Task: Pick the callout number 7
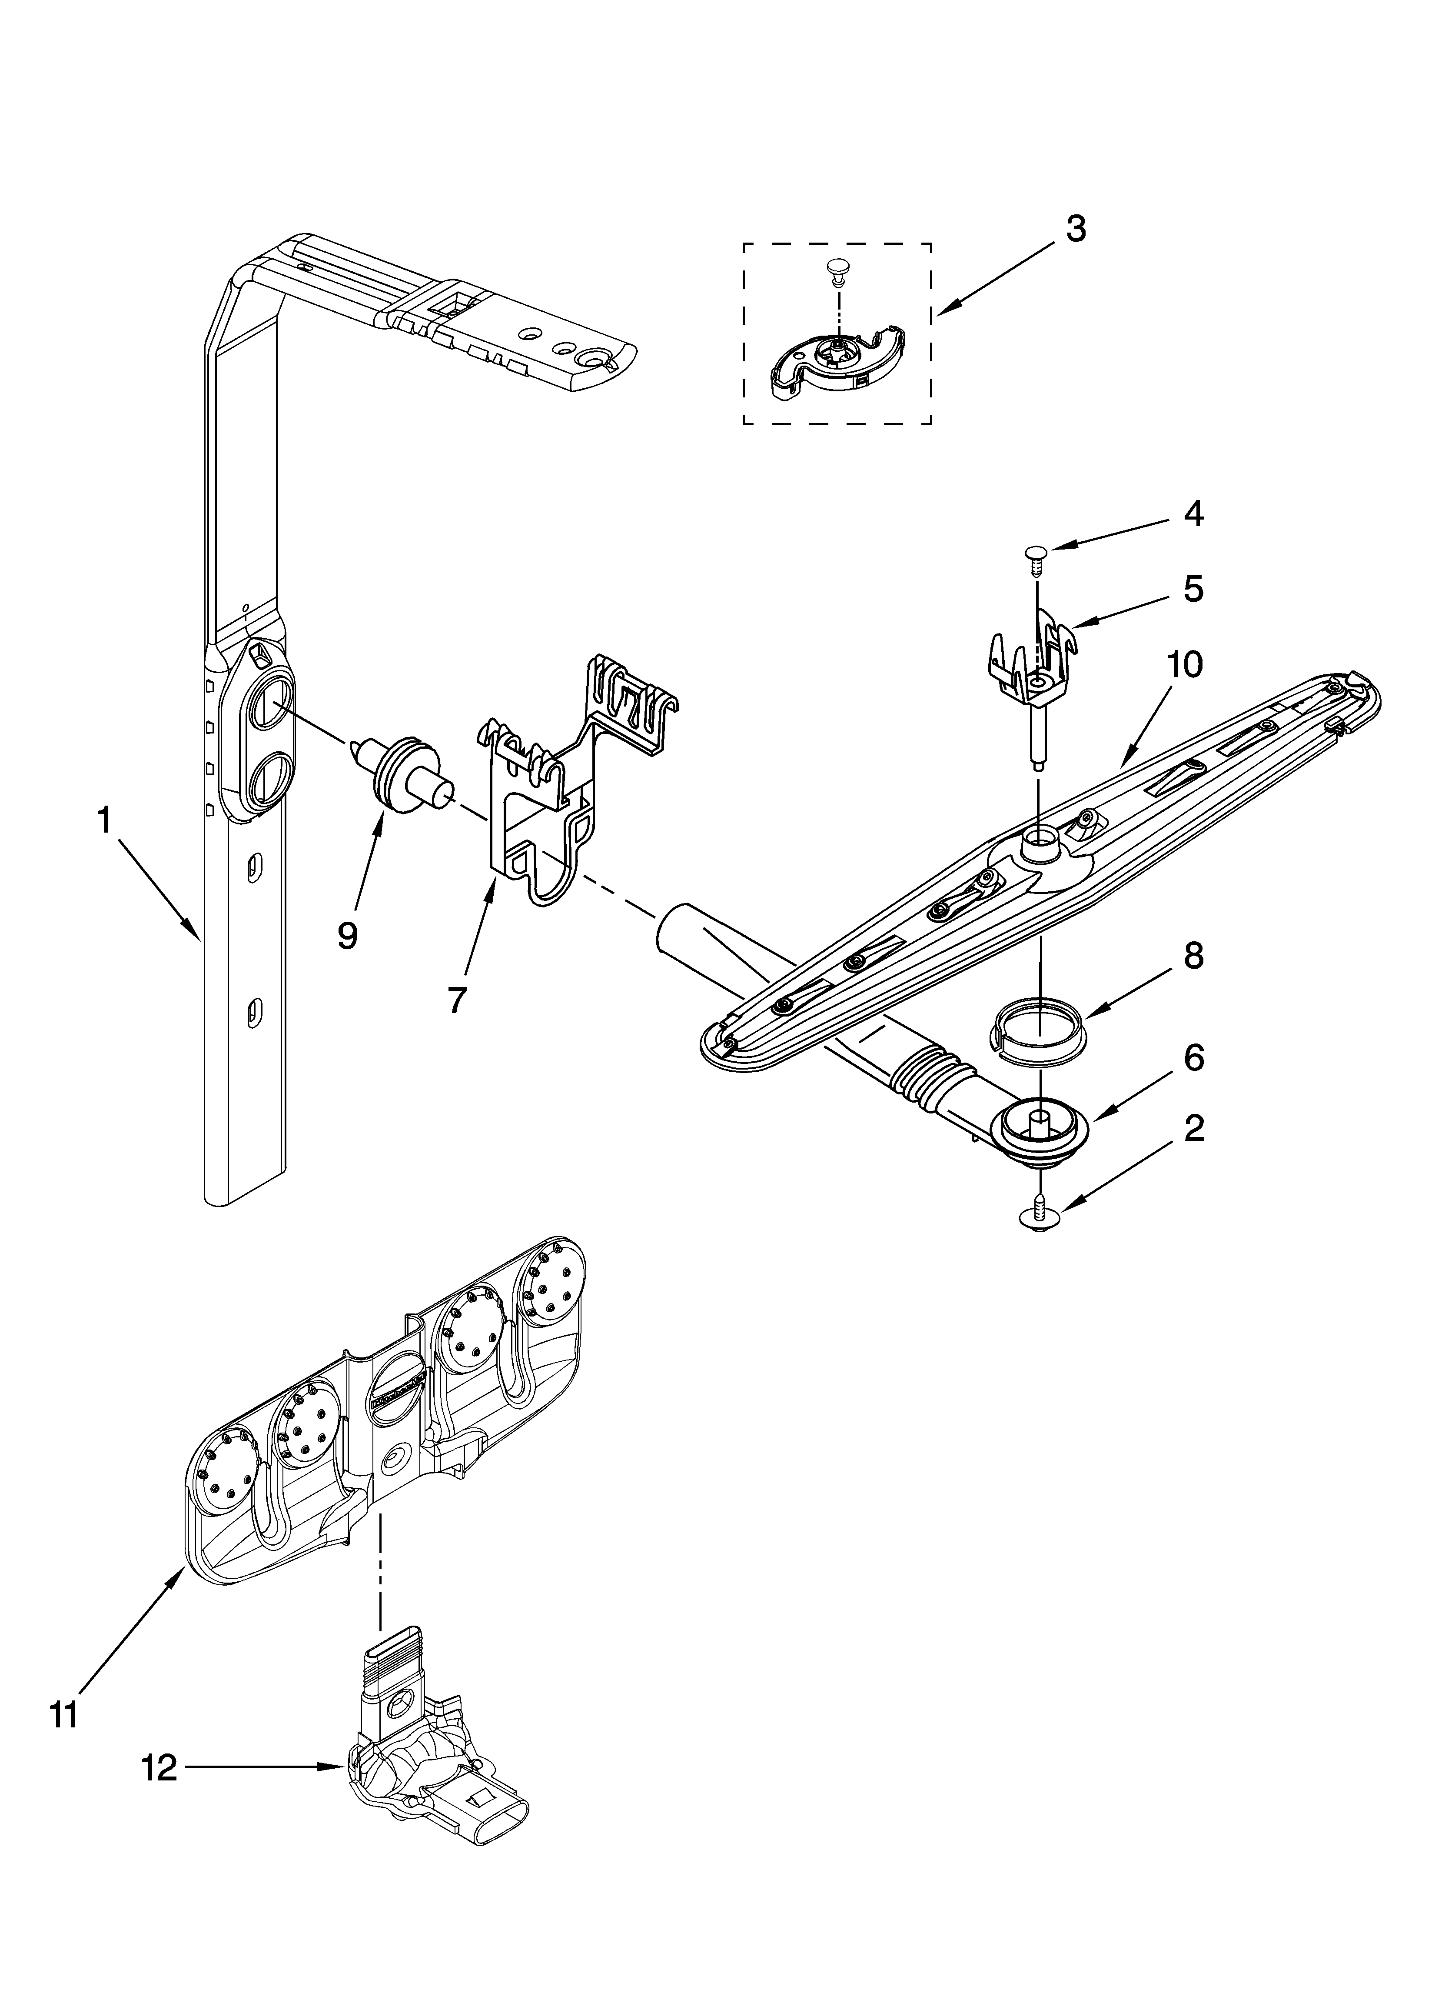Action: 455,1000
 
